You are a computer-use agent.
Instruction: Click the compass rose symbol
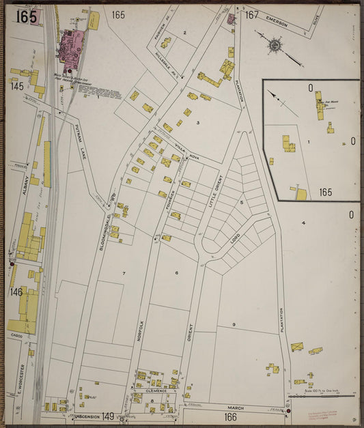275,46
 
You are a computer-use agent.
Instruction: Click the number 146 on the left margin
16,292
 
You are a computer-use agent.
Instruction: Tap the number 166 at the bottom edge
229,416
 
